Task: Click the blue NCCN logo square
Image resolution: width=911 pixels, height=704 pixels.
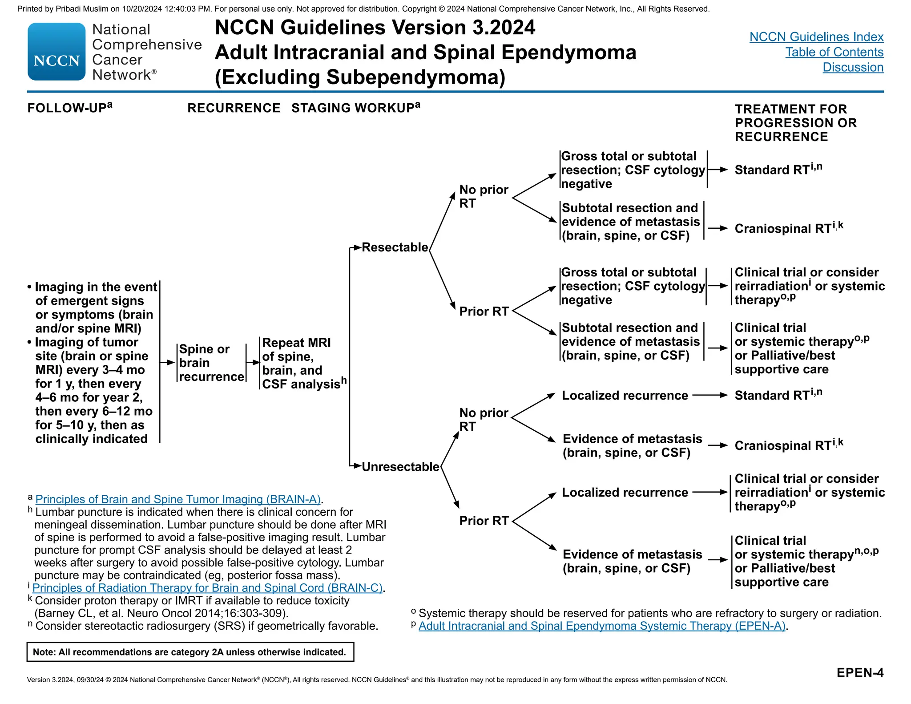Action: (x=56, y=52)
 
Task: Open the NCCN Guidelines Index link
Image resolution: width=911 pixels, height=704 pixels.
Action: (x=816, y=37)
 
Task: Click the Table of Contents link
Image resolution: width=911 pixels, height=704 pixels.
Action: (x=834, y=52)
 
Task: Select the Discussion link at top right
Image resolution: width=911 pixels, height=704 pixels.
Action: (x=853, y=67)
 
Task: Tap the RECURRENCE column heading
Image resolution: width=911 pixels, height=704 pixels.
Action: (x=234, y=108)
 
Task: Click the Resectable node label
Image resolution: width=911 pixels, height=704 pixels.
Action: (x=395, y=247)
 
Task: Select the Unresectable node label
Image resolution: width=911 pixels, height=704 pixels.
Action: (x=400, y=467)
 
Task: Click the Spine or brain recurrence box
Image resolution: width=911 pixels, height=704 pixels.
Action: (x=211, y=363)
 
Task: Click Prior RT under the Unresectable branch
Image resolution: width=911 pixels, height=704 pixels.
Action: (x=484, y=521)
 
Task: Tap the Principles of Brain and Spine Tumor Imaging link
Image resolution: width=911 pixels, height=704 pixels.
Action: (x=178, y=499)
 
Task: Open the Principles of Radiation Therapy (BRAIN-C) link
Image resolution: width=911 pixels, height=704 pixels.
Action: (x=207, y=588)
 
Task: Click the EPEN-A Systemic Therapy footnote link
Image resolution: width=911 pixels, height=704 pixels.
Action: (x=602, y=626)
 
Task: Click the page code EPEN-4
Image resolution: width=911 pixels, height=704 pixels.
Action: (x=859, y=672)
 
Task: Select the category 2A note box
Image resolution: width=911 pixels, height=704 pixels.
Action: (x=190, y=652)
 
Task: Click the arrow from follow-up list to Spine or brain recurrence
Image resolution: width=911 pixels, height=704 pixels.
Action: (x=167, y=363)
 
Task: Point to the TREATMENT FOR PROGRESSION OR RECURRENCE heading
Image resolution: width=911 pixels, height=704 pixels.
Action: (x=795, y=123)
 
